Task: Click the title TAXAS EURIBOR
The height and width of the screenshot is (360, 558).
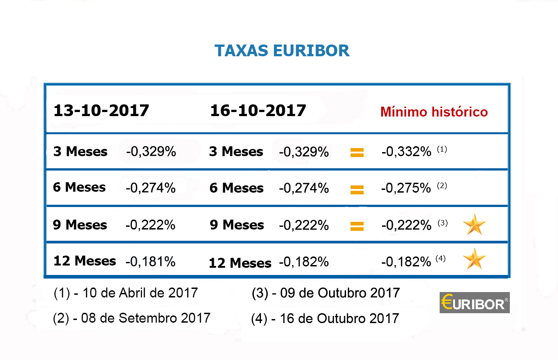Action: coord(282,51)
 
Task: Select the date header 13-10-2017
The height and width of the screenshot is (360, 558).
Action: coord(101,110)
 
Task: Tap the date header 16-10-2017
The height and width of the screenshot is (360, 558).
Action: coord(258,110)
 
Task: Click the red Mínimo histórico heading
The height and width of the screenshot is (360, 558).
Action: coord(434,112)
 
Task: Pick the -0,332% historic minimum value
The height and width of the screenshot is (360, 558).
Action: coord(406,152)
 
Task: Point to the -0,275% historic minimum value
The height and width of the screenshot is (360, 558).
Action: coord(406,188)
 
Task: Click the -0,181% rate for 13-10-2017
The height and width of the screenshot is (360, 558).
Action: coord(150,261)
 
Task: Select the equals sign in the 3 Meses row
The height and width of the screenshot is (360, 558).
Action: coord(357,153)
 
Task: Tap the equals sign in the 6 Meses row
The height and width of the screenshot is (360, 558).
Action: coord(357,189)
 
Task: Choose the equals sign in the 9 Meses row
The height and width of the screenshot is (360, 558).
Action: coord(357,226)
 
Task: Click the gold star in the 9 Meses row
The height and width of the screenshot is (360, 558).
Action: coord(474,224)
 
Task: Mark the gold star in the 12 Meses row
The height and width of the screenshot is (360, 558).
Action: coord(474,259)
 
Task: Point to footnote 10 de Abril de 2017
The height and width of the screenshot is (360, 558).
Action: coord(126,293)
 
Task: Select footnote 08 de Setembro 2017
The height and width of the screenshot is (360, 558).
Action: coord(131,318)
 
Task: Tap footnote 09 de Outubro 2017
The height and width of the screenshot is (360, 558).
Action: coord(326,293)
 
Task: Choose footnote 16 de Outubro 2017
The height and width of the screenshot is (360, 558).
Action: coord(325,319)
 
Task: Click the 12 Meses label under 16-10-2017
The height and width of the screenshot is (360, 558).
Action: coord(240,263)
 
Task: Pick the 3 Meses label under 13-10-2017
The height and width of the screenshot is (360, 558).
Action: coord(80,152)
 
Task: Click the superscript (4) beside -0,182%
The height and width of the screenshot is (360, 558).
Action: coord(441,258)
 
